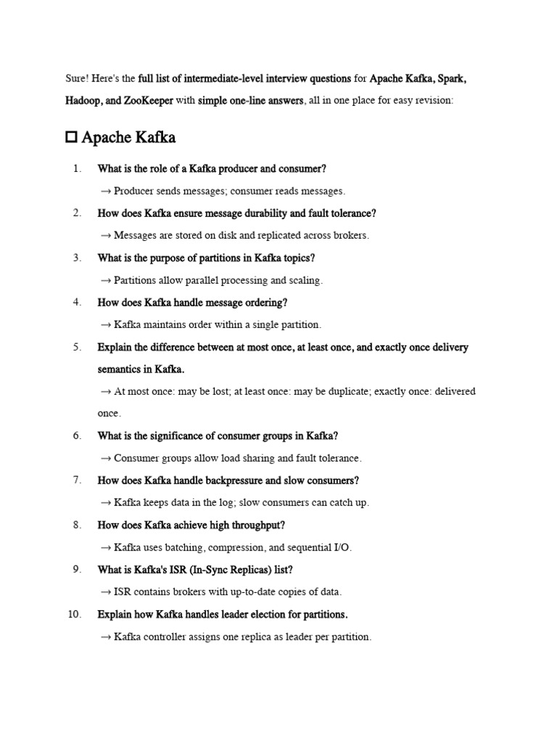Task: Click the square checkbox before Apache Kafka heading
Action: click(x=71, y=137)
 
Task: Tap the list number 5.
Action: click(x=76, y=347)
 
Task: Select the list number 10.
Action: click(x=74, y=614)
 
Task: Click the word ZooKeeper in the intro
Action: click(x=148, y=101)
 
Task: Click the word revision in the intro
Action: click(x=432, y=101)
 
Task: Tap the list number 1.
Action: click(x=76, y=169)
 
